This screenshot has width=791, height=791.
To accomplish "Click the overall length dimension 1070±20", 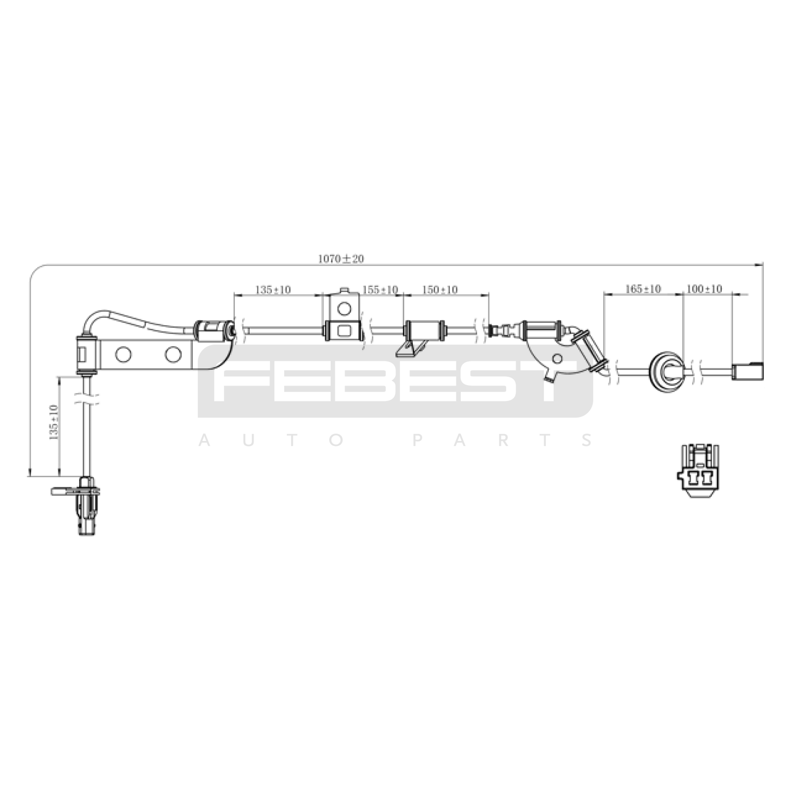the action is tap(341, 259).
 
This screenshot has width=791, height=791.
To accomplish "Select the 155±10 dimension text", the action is tap(380, 289).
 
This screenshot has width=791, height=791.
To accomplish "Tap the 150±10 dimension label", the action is tap(439, 289).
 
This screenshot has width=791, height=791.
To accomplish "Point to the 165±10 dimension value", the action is tap(643, 289).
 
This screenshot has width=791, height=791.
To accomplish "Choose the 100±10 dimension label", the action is tap(704, 289).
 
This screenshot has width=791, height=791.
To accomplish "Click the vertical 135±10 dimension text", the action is tap(54, 422).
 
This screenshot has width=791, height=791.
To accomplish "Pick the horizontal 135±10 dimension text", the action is tap(273, 290).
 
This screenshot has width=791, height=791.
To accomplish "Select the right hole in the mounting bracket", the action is tap(173, 354).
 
